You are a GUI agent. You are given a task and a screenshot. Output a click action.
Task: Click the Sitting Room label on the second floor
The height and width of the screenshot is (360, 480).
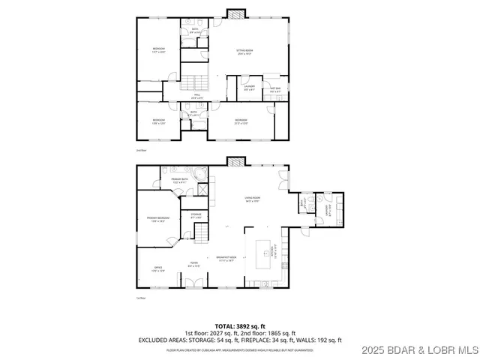pyautogui.click(x=244, y=52)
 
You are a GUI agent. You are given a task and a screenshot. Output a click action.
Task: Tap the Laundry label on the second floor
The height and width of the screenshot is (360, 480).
pyautogui.click(x=250, y=87)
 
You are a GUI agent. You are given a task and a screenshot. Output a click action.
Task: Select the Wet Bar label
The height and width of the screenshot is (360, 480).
pyautogui.click(x=274, y=89)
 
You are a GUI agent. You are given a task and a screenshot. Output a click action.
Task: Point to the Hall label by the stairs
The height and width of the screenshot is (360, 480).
pyautogui.click(x=197, y=96)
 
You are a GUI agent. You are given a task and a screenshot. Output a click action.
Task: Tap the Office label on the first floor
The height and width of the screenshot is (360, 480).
pyautogui.click(x=158, y=268)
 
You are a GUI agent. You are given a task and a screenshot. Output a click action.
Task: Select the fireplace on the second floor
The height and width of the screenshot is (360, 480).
pyautogui.click(x=236, y=13)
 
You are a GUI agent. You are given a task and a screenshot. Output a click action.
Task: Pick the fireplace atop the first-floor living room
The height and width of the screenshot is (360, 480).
pyautogui.click(x=236, y=161)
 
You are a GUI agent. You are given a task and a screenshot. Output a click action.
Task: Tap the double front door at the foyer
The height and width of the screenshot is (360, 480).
pyautogui.click(x=193, y=283)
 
